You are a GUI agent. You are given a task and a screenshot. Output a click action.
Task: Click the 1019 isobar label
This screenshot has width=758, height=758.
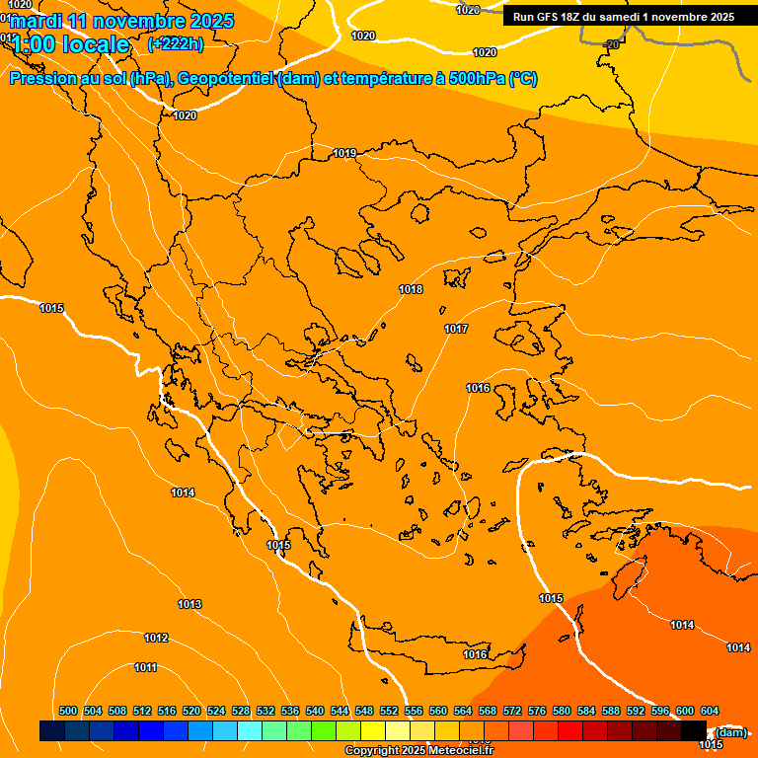pos(344,153)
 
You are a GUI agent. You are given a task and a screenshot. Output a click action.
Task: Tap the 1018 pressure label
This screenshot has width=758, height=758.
pos(411,289)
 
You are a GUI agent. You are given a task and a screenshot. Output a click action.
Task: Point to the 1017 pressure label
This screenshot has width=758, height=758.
pos(456,329)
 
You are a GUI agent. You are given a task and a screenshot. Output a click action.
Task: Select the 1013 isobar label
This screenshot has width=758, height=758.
pos(189,604)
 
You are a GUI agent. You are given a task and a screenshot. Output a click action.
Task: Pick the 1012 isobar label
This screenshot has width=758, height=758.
pos(156,638)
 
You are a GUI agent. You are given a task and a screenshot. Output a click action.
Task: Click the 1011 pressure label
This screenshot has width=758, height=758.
pos(145,667)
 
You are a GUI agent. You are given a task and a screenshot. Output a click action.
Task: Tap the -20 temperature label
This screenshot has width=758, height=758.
pos(612,44)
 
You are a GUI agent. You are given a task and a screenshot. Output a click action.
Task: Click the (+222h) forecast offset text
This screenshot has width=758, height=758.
pos(175,43)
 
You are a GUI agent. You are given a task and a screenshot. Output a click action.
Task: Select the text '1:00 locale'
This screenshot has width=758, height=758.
pos(71,44)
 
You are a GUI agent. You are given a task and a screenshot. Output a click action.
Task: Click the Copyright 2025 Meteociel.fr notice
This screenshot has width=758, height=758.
pos(418,750)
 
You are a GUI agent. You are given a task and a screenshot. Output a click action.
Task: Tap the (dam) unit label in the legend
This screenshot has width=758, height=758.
pos(730,731)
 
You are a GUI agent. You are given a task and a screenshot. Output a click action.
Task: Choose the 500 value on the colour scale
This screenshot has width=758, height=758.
pos(68,711)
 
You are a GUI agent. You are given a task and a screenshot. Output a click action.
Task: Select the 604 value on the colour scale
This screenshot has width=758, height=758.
pos(710,711)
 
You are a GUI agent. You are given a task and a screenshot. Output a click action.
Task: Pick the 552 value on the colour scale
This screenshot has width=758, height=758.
pos(389,711)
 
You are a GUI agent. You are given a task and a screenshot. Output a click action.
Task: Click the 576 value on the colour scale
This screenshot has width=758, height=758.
pos(537,711)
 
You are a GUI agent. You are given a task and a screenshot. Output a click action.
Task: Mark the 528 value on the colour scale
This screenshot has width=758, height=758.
pos(241,711)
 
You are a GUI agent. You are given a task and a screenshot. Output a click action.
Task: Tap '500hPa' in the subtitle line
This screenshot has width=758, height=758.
pos(470,79)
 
